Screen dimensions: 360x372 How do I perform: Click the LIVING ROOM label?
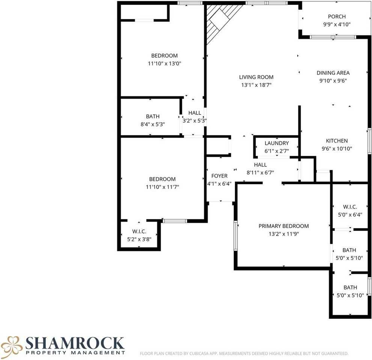tap(256, 77)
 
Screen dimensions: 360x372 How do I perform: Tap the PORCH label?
tap(337, 16)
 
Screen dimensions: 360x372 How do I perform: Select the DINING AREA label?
tap(333, 73)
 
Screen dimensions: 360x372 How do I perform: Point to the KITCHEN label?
tap(337, 141)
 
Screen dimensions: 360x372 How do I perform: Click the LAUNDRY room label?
tap(277, 143)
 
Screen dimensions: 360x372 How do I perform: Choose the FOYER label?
tap(220, 176)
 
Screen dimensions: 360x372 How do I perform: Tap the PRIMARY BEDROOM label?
tap(284, 226)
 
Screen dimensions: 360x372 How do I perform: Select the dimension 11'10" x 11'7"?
tap(162, 187)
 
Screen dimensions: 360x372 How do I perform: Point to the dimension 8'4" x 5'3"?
tap(153, 124)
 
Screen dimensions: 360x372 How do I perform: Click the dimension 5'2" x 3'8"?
tap(139, 239)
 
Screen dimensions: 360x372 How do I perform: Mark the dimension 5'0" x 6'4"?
tap(350, 215)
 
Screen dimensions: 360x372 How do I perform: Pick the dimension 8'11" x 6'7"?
tap(260, 172)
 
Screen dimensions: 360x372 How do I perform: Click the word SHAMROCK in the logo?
tap(75, 343)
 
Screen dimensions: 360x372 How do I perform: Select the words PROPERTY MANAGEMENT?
tap(75, 353)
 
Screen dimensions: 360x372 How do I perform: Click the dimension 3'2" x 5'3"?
tap(195, 121)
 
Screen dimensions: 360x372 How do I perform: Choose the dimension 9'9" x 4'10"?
tap(337, 24)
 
